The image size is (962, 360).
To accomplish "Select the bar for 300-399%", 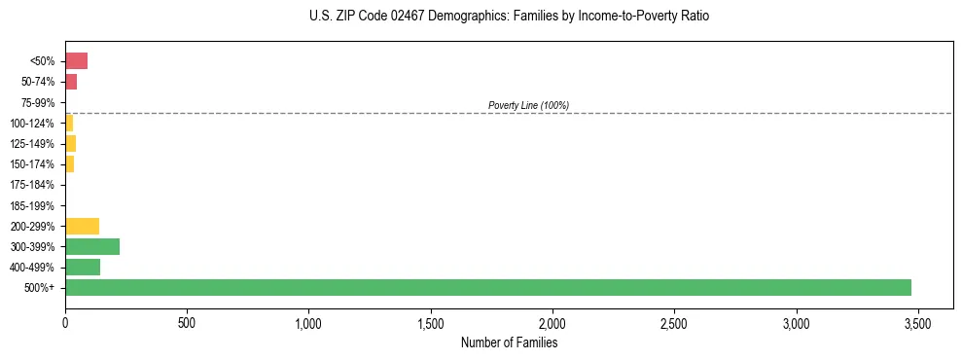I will [92, 246].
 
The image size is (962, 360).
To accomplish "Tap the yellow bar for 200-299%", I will [82, 226].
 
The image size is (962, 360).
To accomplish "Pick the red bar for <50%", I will [76, 61].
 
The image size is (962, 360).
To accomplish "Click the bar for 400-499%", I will [83, 267].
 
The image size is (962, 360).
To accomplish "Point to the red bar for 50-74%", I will [71, 82].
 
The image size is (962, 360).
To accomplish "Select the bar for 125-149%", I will [70, 144].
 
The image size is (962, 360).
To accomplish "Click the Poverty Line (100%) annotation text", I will [528, 105].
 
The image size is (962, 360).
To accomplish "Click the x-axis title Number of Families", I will [509, 342].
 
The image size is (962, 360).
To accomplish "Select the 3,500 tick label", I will [917, 323].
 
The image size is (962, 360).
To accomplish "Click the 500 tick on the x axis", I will [187, 323].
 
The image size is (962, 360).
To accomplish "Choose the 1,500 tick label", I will [430, 323].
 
